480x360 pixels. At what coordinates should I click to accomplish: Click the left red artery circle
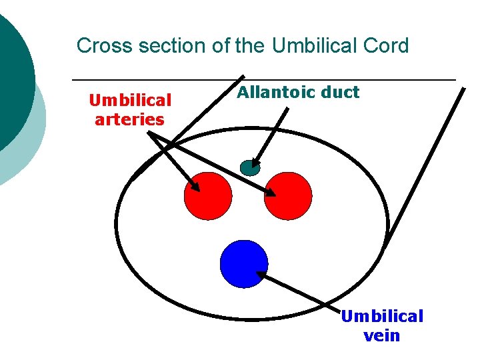pos(208,195)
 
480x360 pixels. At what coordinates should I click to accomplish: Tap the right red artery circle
pos(288,195)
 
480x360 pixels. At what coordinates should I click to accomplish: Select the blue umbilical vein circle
pos(244,263)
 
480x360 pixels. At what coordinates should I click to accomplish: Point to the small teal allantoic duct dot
pos(249,167)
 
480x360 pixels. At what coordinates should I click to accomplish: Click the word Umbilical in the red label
pos(131,101)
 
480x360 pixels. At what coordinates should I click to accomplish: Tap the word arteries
pos(129,120)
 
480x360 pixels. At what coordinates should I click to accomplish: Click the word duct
pos(339,93)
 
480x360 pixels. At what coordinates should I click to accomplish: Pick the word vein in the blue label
pos(382,335)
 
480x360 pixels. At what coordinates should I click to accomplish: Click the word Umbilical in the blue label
pos(382,316)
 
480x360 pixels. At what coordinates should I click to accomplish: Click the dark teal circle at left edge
pos(13,80)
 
